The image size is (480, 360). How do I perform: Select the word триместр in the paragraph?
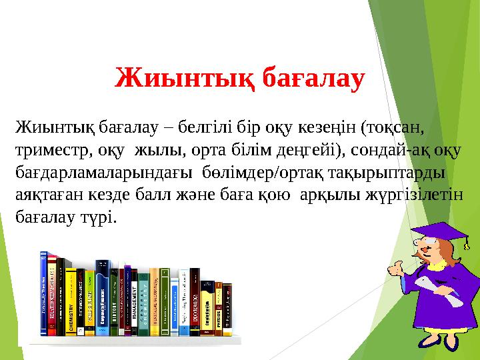pos(51,149)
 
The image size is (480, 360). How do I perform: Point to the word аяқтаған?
pos(45,195)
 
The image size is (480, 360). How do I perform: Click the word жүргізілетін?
pos(419,195)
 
